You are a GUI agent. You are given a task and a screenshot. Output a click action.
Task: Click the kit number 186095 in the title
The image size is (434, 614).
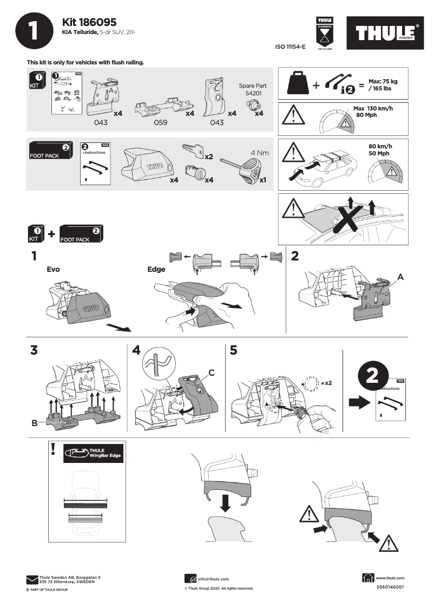tap(97, 22)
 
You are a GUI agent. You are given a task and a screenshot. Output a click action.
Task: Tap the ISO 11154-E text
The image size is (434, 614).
tap(291, 47)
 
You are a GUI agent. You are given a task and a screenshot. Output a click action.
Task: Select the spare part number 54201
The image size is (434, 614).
tap(252, 93)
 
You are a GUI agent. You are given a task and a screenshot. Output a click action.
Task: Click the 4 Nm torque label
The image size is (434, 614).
tap(259, 153)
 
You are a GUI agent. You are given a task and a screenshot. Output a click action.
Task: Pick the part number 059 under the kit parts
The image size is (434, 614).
tap(161, 123)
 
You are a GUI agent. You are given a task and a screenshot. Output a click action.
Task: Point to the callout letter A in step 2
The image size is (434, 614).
tap(400, 276)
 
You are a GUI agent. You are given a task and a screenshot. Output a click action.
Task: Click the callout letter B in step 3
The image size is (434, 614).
tap(35, 424)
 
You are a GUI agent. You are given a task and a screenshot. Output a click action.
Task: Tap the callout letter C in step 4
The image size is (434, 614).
tap(212, 373)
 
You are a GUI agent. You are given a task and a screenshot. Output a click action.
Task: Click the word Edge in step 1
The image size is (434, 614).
tap(156, 269)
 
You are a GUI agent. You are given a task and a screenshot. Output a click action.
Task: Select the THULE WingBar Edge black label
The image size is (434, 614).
tap(94, 453)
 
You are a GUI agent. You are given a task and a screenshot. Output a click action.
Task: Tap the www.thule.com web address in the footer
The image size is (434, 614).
tap(390, 578)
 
